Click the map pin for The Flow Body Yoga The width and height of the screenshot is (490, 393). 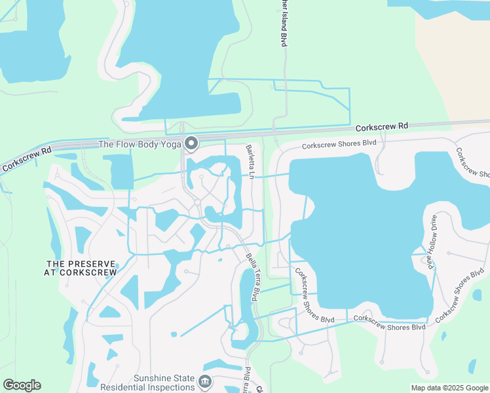(x=191, y=142)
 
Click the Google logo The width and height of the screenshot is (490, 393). (x=22, y=385)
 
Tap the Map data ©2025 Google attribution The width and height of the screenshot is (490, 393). (x=449, y=388)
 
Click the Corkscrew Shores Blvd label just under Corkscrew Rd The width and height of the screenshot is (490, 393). (x=339, y=143)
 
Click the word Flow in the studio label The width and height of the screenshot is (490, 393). (x=129, y=145)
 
